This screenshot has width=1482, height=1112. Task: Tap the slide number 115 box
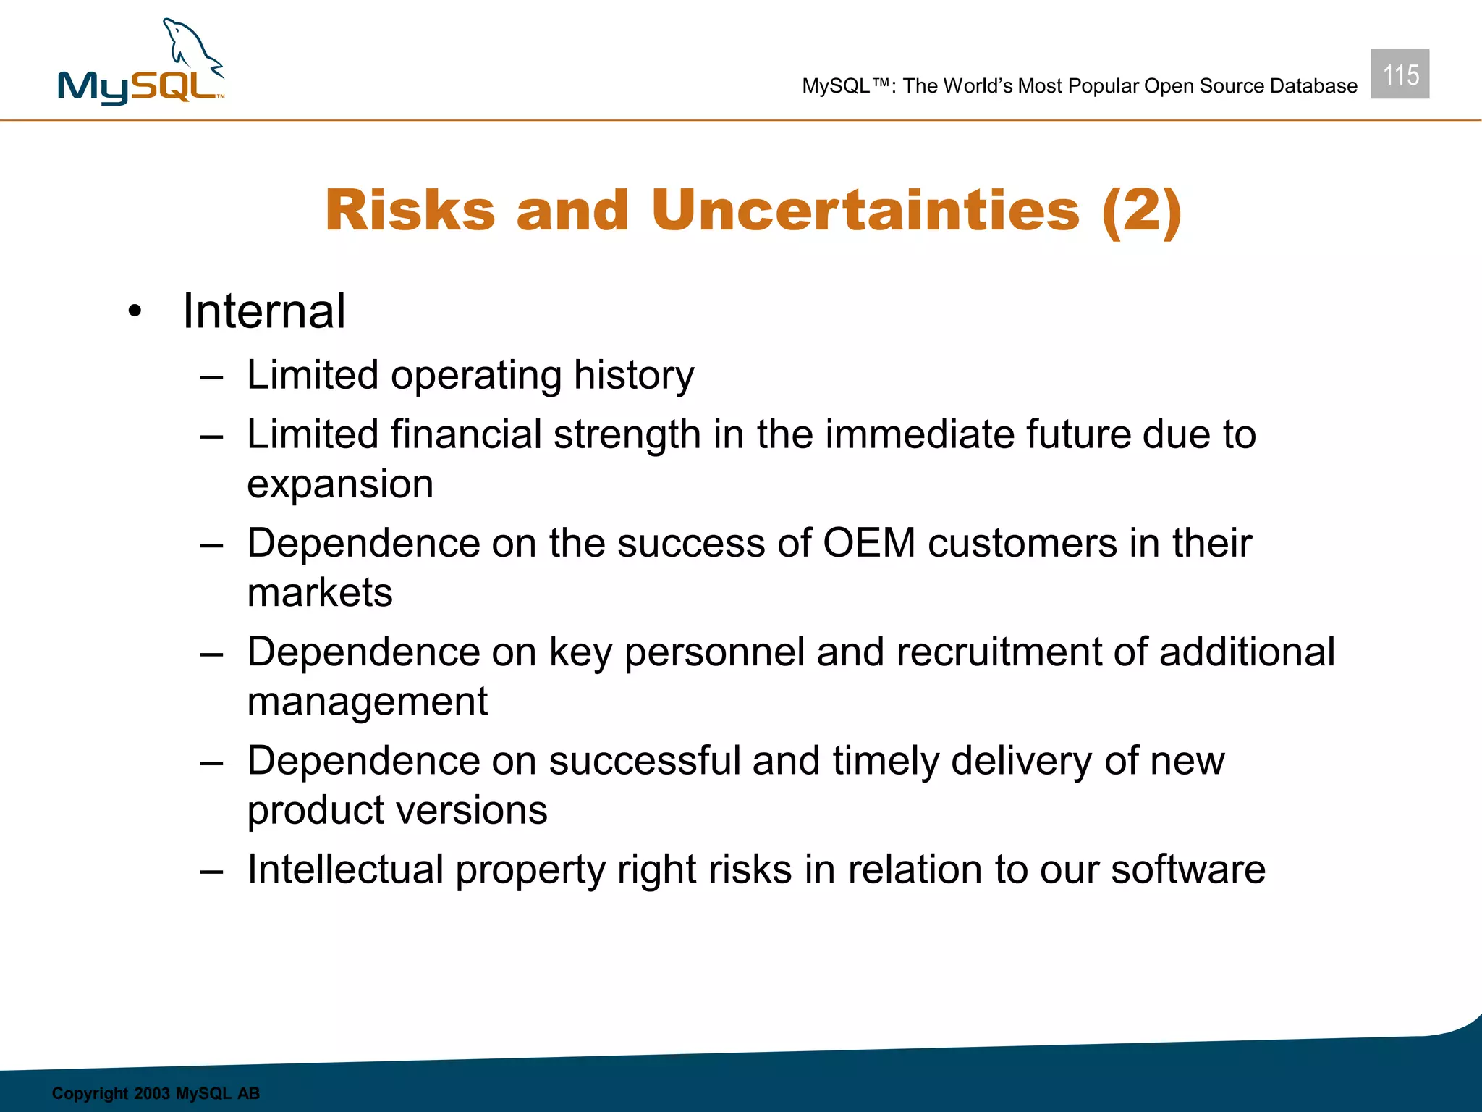click(1400, 75)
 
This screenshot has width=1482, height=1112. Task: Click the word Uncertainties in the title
click(865, 211)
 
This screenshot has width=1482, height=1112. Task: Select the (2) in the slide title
click(1141, 211)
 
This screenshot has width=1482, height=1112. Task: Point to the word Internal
click(264, 311)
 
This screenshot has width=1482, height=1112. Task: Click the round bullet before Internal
click(135, 313)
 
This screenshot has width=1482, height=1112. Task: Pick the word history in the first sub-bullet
click(634, 376)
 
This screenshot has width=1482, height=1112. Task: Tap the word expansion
click(340, 484)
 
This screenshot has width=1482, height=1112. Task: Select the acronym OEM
click(869, 543)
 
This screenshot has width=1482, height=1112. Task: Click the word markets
click(320, 593)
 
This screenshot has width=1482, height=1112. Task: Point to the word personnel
click(714, 652)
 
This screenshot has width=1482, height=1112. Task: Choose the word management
click(368, 702)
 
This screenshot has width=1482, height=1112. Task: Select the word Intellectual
click(345, 869)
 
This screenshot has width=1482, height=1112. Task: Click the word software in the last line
click(1188, 869)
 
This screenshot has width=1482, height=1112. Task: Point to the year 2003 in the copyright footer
click(152, 1093)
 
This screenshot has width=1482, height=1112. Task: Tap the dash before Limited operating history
click(211, 377)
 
